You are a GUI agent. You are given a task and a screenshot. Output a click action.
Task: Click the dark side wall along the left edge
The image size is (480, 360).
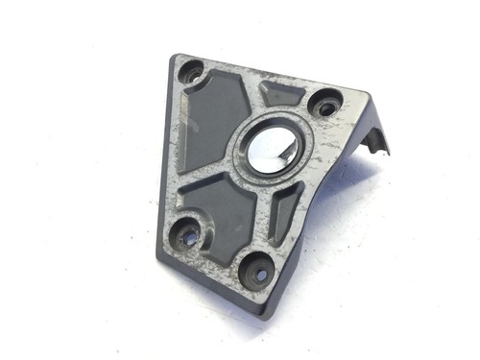pyautogui.click(x=162, y=144)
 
